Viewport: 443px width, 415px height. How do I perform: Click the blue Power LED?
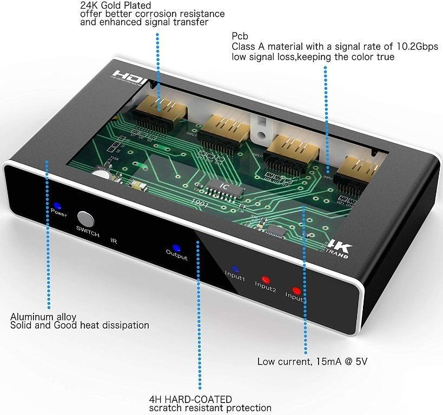57,206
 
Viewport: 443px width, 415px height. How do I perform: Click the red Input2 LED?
265,279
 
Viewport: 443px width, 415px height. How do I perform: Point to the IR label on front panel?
114,241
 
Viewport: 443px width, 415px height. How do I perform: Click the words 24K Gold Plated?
115,5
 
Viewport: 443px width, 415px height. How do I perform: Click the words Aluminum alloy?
43,317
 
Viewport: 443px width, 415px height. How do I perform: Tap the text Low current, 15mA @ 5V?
315,361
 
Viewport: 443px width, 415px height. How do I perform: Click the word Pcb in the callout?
239,36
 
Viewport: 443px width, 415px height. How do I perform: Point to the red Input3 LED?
296,290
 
